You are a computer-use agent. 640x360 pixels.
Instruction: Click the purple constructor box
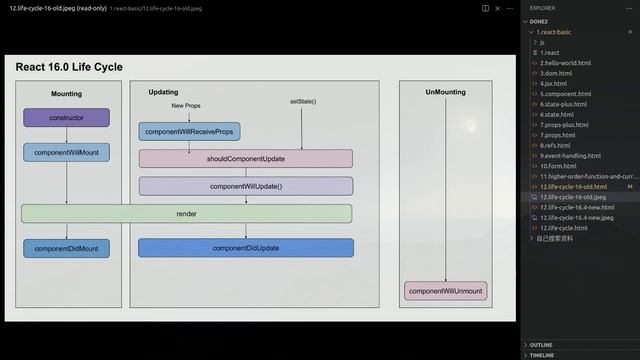pos(66,117)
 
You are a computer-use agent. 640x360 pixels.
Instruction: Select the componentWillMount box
pos(66,153)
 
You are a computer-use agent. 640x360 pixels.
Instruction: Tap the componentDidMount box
pos(66,247)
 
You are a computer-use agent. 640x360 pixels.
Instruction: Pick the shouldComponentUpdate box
pos(245,158)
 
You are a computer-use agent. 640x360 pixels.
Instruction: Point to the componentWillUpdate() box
pos(245,186)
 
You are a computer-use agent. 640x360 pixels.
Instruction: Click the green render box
pos(187,214)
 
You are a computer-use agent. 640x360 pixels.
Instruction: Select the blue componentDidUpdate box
pos(245,247)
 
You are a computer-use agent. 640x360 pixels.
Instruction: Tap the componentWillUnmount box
pos(446,291)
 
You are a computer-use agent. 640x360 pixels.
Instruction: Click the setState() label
pos(303,102)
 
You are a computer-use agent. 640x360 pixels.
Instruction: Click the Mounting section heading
pos(66,93)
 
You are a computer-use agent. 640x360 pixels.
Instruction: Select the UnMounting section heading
pos(445,92)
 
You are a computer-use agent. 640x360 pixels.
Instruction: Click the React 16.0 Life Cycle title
pos(69,67)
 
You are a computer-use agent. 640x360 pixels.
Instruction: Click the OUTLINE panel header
pos(541,344)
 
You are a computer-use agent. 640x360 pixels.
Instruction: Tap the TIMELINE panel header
pos(542,355)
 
